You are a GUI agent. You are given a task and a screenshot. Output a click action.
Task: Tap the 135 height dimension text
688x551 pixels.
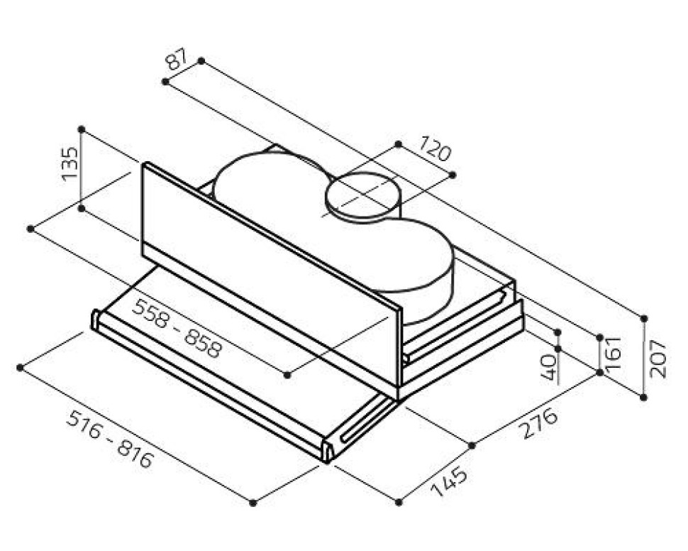tap(70, 164)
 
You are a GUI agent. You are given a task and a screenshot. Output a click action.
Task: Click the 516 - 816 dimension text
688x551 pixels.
tap(110, 439)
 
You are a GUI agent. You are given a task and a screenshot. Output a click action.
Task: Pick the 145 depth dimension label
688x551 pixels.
tap(449, 482)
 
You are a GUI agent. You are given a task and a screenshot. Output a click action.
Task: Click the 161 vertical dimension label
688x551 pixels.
tap(613, 352)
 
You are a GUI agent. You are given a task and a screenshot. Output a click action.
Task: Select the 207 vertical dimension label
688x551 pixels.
tap(658, 359)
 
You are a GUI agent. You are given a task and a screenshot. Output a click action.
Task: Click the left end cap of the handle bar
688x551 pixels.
tap(95, 320)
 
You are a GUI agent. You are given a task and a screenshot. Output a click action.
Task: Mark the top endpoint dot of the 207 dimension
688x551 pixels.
tap(644, 319)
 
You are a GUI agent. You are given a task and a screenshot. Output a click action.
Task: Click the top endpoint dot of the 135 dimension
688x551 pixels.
tap(81, 129)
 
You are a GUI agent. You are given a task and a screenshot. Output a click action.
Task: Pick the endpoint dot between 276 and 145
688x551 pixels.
tap(472, 445)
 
